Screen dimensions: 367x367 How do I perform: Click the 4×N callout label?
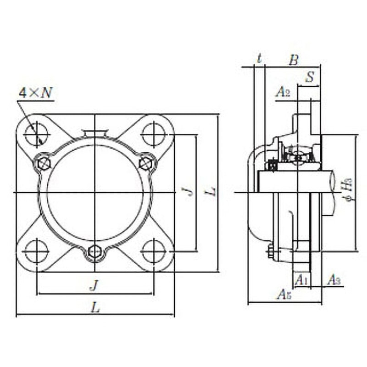pyautogui.click(x=36, y=93)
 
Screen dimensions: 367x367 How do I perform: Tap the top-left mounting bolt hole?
pyautogui.click(x=36, y=134)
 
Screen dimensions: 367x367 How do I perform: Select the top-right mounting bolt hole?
pyautogui.click(x=153, y=134)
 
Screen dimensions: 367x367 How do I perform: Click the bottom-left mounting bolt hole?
pyautogui.click(x=36, y=251)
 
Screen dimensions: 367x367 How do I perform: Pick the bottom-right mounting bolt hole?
pyautogui.click(x=153, y=251)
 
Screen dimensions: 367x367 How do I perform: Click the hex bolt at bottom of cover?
pyautogui.click(x=95, y=251)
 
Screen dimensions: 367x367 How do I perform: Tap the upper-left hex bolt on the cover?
pyautogui.click(x=44, y=162)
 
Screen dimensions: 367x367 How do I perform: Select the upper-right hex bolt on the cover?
pyautogui.click(x=146, y=162)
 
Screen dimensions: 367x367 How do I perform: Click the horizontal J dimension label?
pyautogui.click(x=94, y=286)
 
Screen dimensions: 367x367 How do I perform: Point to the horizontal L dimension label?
pyautogui.click(x=95, y=308)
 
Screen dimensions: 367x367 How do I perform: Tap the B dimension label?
pyautogui.click(x=294, y=59)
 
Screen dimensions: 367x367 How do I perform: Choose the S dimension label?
pyautogui.click(x=310, y=78)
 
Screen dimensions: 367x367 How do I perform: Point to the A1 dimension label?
pyautogui.click(x=300, y=279)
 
